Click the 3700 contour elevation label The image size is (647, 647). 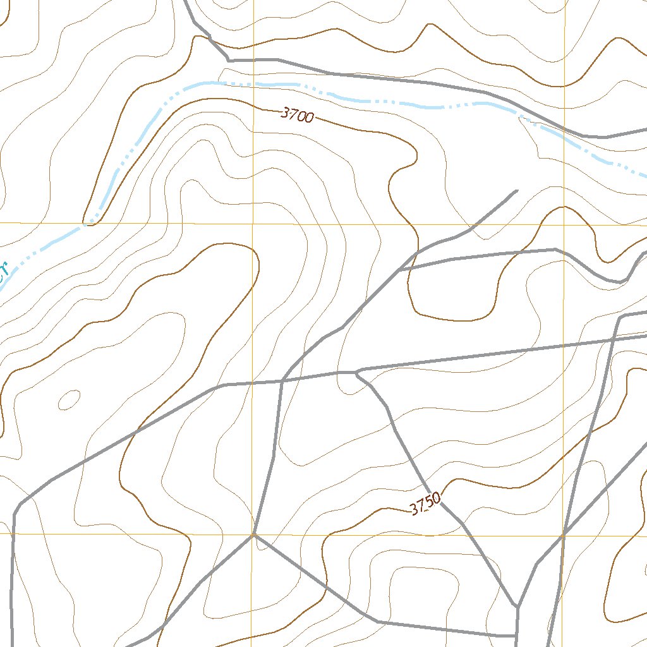297,115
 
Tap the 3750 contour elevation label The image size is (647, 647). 425,505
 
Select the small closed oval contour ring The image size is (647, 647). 69,399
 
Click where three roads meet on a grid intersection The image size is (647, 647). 253,535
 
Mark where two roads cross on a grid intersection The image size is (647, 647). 563,536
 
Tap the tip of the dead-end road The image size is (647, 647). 516,190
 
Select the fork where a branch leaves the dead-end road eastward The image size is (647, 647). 401,270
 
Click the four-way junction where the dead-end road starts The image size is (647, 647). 282,381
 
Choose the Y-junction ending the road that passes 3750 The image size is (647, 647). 517,607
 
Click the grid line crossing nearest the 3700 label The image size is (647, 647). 253,224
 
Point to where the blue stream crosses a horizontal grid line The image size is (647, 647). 84,224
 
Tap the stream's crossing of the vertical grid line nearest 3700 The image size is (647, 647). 253,83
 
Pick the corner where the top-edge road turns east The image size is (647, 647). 229,60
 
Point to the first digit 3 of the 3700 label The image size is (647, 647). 285,112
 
